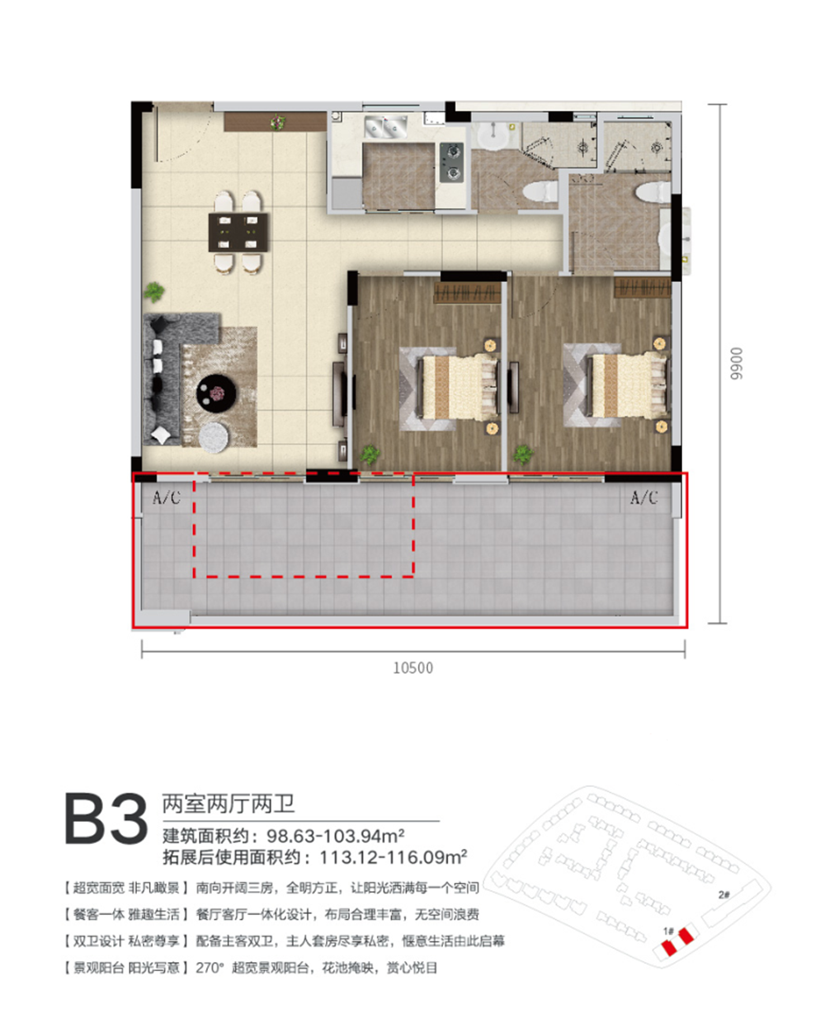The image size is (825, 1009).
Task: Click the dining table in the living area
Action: [238, 233]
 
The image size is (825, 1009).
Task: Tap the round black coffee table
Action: [216, 394]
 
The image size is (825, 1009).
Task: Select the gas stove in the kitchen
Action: [451, 163]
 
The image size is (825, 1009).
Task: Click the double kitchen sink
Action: [386, 127]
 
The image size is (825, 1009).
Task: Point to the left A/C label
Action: [167, 498]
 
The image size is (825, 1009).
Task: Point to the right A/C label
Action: [643, 498]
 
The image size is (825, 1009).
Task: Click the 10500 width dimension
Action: [413, 668]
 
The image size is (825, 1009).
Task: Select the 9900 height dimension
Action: [737, 364]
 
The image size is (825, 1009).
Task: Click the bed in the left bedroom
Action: [458, 387]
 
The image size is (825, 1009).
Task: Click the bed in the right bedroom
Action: [626, 386]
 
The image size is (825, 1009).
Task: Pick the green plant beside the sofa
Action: [154, 291]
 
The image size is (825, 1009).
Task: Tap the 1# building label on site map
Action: [668, 931]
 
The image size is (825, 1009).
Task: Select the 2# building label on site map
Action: [724, 894]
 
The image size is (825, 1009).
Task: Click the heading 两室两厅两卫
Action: [229, 804]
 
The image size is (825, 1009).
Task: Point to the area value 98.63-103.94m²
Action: [336, 837]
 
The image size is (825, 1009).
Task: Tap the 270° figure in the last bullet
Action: [210, 969]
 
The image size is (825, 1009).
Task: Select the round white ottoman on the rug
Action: [214, 437]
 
